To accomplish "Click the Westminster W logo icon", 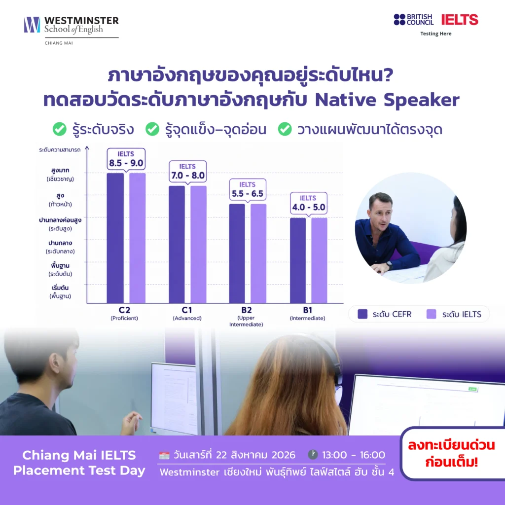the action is coord(32,25).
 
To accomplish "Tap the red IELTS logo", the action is coord(460,20).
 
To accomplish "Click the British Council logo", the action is coord(414,20).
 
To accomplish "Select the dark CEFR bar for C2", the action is coord(115,238).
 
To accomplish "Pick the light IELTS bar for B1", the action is coord(319,260).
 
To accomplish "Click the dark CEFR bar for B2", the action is coord(237,253).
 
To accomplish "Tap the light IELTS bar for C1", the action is coord(198,245).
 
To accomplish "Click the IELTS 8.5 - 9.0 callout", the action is coord(126,159).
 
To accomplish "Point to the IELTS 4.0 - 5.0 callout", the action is coord(309,204).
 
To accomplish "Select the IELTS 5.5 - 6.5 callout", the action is coord(248,190).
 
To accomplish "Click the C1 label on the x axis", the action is coord(187,310).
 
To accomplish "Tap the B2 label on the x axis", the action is coord(247,310).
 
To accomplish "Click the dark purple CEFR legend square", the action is coord(362,314).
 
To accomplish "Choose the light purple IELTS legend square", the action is coord(431,314).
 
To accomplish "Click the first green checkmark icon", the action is coord(60,129).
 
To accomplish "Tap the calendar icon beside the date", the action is coord(164,455).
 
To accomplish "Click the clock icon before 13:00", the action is coord(313,454).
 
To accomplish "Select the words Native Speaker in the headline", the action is coord(387,100).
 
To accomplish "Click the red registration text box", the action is coord(451,454).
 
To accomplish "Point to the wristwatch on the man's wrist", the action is coord(390,265).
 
